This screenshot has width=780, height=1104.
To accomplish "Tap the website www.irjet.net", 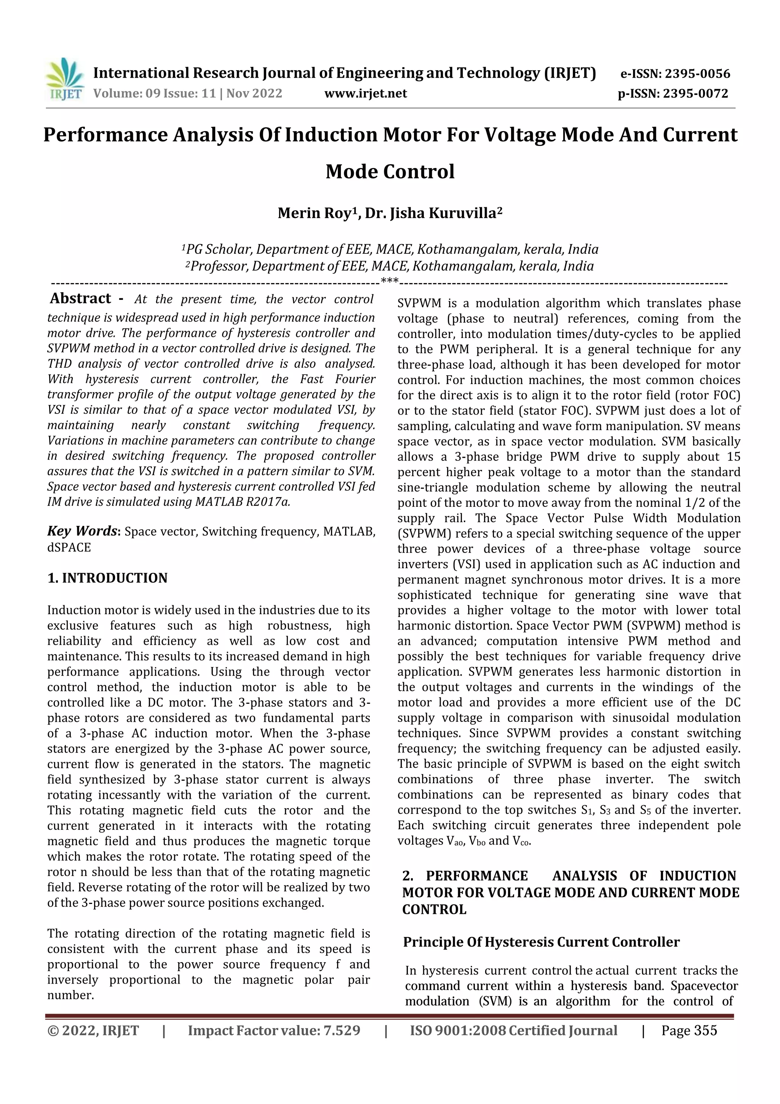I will [x=365, y=93].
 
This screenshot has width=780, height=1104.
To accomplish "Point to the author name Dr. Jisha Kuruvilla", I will [x=433, y=213].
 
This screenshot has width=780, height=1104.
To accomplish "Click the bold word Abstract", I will [x=81, y=299].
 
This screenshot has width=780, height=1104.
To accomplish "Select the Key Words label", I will [x=82, y=531].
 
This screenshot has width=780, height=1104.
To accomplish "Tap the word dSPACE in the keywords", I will [x=69, y=548].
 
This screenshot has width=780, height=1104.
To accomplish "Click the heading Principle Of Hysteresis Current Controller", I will [x=541, y=942].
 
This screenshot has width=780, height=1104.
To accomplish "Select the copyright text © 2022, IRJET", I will [x=93, y=1030].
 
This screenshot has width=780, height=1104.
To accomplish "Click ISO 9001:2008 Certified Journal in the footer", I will [x=513, y=1030].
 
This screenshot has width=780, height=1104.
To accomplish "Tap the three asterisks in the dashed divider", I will [x=389, y=281].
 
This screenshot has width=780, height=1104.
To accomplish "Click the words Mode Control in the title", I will [x=390, y=171].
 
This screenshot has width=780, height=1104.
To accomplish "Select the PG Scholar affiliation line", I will [x=390, y=250].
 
